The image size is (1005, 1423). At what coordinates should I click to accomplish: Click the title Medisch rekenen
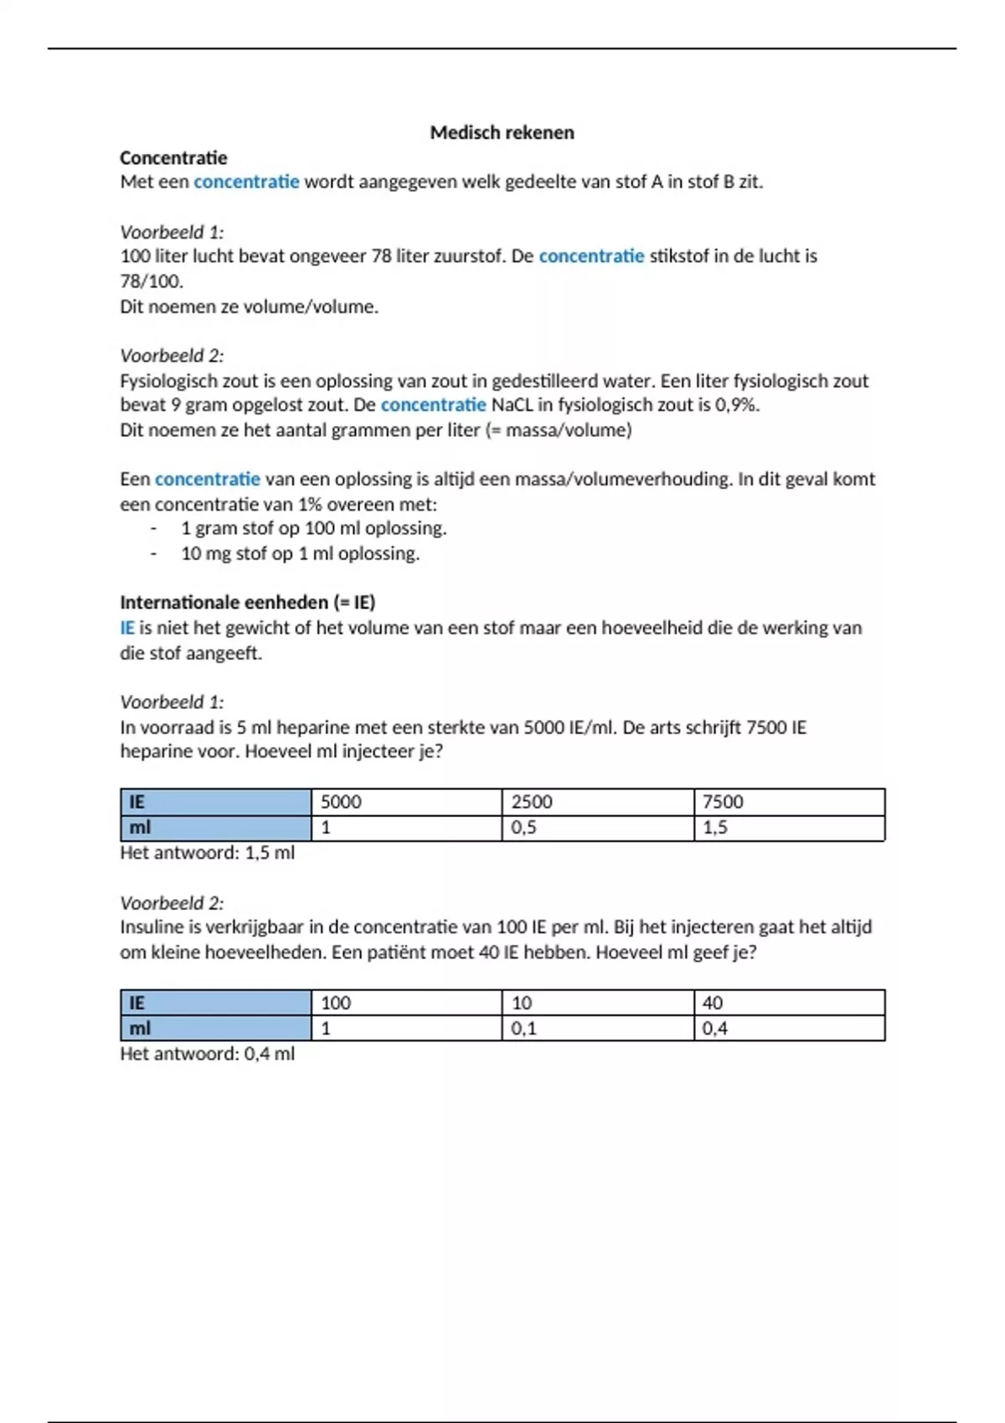[x=502, y=132]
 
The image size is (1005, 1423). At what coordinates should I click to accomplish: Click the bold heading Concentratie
[x=173, y=157]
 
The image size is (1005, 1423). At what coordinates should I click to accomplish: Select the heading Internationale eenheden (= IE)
[x=247, y=602]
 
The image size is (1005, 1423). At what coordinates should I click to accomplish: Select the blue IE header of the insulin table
[x=215, y=1003]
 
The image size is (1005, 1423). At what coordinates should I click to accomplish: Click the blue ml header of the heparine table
[x=215, y=828]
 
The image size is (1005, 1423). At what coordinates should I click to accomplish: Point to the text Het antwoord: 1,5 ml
[x=207, y=853]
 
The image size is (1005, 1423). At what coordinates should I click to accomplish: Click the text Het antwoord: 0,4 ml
[x=207, y=1054]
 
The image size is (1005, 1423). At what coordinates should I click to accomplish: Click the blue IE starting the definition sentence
[x=126, y=628]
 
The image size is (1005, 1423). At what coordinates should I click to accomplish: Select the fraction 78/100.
[x=152, y=281]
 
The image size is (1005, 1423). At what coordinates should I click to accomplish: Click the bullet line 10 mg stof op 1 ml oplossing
[x=300, y=553]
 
